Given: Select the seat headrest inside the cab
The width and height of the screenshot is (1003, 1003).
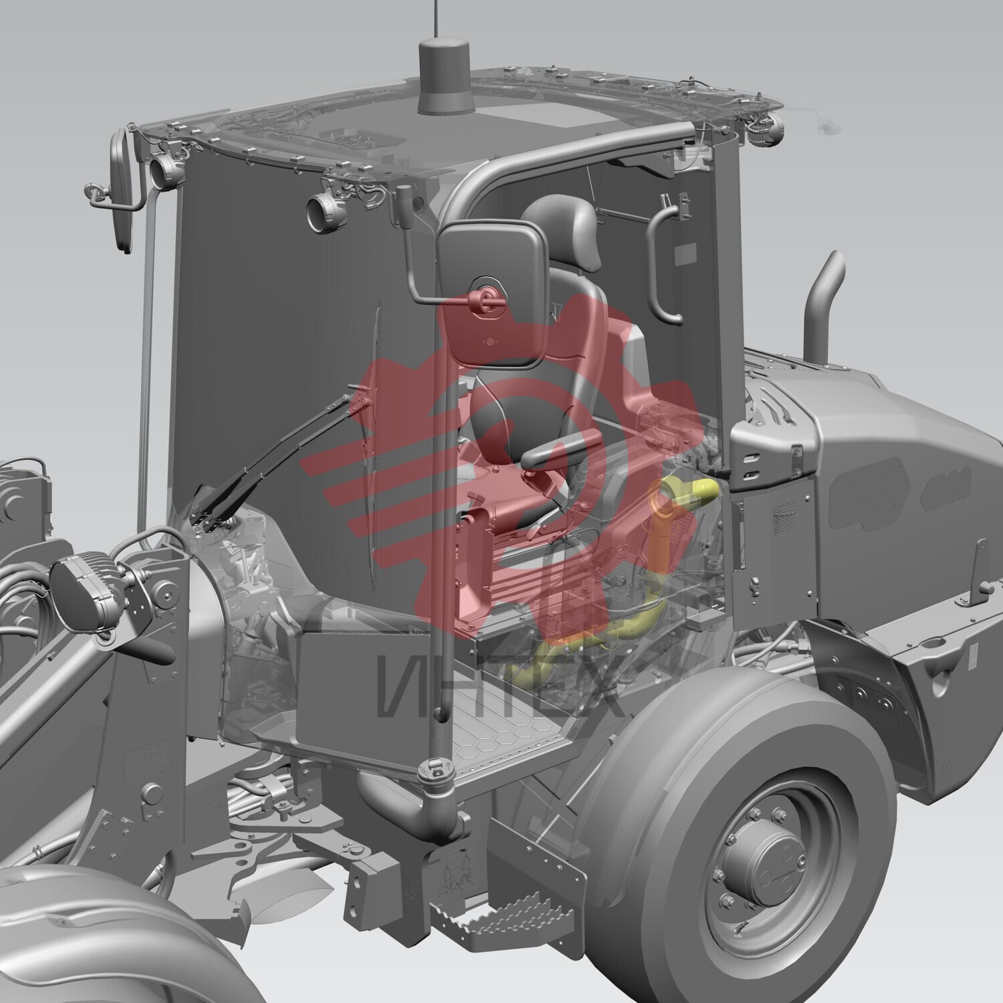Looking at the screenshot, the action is click(558, 221).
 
